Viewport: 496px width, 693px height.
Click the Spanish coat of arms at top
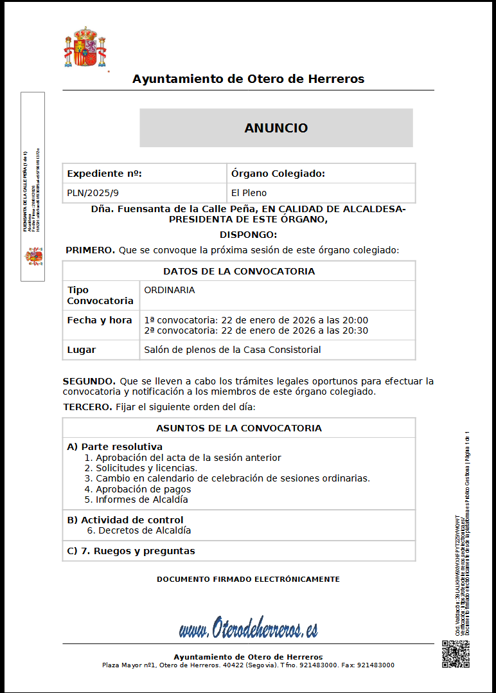click(x=85, y=48)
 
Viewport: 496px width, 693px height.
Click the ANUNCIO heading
click(x=276, y=128)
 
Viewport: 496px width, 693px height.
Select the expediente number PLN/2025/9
click(x=93, y=193)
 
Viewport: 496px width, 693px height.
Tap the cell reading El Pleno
click(x=249, y=193)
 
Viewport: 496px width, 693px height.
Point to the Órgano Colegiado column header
click(x=278, y=174)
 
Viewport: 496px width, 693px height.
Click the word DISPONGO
click(x=248, y=235)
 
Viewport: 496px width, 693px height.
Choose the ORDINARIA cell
click(x=170, y=290)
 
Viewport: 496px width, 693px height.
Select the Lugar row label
click(x=82, y=350)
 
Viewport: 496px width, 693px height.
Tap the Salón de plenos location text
click(x=233, y=350)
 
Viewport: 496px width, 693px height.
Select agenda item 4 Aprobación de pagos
click(x=138, y=489)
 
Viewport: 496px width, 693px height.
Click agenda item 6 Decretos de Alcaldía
click(x=139, y=530)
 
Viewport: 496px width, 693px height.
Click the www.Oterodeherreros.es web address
click(x=248, y=629)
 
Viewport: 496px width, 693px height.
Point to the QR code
click(x=456, y=654)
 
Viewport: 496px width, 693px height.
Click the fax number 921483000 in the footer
click(x=376, y=665)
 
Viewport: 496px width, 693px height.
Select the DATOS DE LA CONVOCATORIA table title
click(x=239, y=271)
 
